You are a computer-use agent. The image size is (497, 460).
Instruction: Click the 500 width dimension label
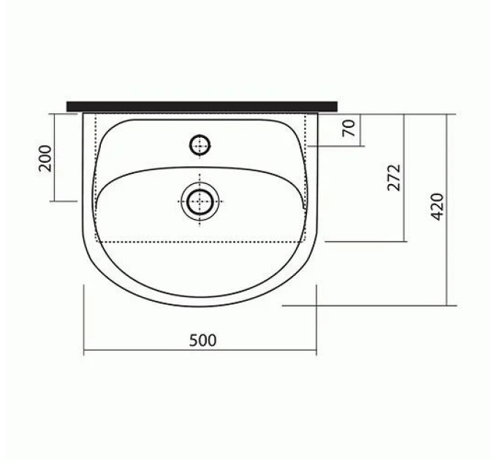203,340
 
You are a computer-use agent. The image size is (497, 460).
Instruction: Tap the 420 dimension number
437,207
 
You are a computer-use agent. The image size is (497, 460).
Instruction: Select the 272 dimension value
394,177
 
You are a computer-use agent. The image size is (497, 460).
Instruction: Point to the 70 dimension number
349,128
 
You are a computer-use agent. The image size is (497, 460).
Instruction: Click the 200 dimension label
45,158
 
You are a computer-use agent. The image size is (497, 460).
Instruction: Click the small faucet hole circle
200,145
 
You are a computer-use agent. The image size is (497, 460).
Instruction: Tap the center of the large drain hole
200,202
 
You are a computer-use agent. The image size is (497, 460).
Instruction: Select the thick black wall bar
202,107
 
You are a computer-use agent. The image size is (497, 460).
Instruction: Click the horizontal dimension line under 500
200,350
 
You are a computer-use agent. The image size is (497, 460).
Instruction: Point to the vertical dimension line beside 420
447,210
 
